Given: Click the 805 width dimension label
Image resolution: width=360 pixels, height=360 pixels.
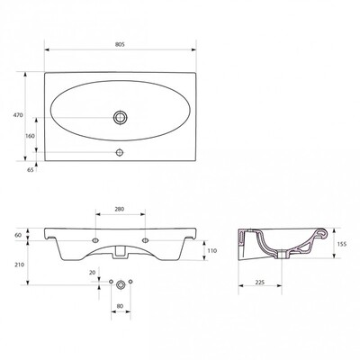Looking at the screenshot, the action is (120, 44).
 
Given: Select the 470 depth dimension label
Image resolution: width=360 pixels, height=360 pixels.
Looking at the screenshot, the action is (18, 115).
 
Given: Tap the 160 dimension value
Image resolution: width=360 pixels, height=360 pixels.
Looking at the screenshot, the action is (30, 136).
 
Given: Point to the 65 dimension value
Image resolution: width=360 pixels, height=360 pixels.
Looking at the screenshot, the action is (30, 170).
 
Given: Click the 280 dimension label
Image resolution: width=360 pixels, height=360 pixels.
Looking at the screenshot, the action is (120, 209).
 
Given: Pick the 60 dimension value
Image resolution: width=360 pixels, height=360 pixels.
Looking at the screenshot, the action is (18, 235).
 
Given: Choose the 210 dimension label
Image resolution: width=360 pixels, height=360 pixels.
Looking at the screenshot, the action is (19, 265).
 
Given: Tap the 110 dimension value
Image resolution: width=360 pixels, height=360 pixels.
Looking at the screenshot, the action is (211, 250).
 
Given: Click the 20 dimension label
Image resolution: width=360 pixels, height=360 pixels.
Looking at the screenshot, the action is (93, 273).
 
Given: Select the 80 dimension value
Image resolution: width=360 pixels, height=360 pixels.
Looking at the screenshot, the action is (120, 306).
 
